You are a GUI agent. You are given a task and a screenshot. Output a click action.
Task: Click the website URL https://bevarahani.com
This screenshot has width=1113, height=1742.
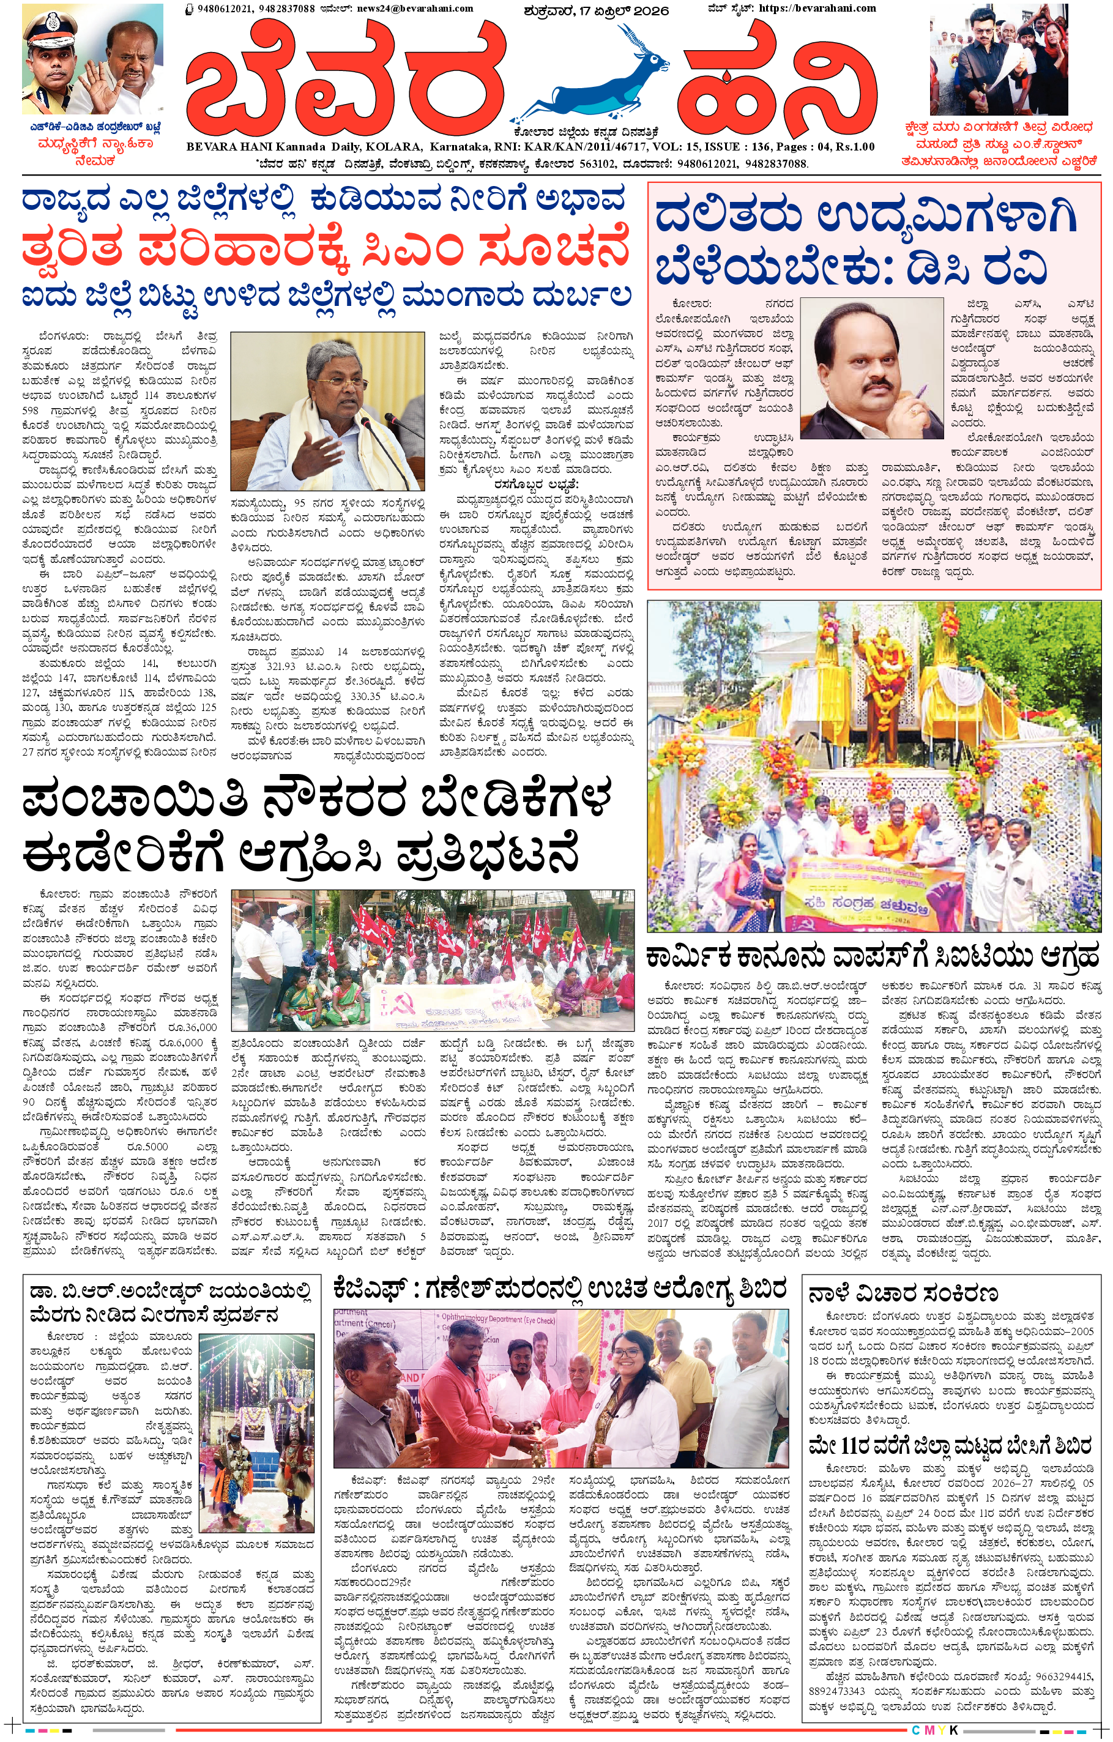coord(816,9)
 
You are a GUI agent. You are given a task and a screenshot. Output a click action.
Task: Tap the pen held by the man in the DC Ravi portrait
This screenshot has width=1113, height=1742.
coord(923,394)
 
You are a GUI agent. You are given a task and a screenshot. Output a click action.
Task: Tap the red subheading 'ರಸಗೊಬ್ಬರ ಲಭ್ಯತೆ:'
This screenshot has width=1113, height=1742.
coord(536,484)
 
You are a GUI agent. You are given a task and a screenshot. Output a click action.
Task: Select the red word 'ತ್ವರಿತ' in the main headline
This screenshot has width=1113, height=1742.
coord(72,250)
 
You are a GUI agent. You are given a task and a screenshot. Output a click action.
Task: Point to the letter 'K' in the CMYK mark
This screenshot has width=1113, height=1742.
coord(954,1730)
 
